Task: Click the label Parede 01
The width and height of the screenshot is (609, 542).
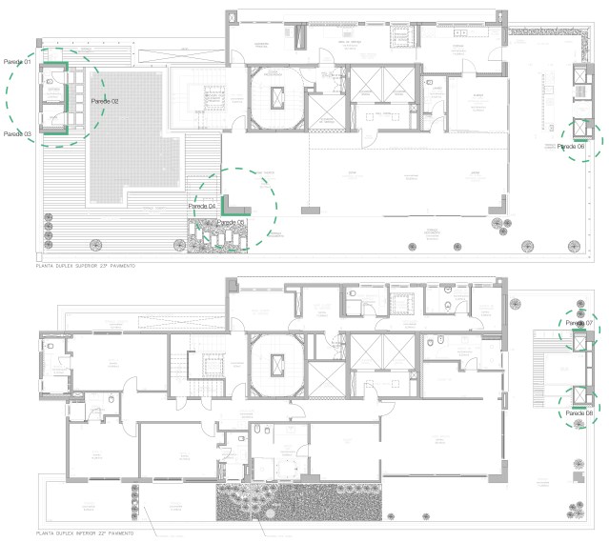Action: (16, 62)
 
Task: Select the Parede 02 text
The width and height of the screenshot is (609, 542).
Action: (105, 101)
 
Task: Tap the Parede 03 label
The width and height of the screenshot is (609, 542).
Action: (16, 134)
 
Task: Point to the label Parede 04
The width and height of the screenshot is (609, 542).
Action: (202, 207)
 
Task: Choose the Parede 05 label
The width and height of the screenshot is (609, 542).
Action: (231, 222)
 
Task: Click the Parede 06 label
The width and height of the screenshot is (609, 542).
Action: (572, 147)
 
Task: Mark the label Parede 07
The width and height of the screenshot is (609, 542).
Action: (579, 324)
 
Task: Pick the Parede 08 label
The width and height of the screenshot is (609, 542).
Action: (579, 412)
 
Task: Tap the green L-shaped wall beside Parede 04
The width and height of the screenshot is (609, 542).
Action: (225, 205)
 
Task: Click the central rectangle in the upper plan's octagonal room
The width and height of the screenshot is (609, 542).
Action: (278, 95)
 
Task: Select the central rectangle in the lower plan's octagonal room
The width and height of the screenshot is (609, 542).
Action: (278, 363)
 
